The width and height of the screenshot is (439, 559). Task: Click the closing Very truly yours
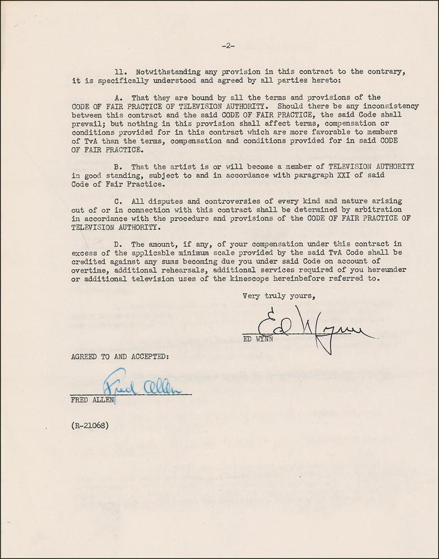(x=279, y=296)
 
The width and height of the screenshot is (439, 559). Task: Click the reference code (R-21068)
(x=89, y=424)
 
